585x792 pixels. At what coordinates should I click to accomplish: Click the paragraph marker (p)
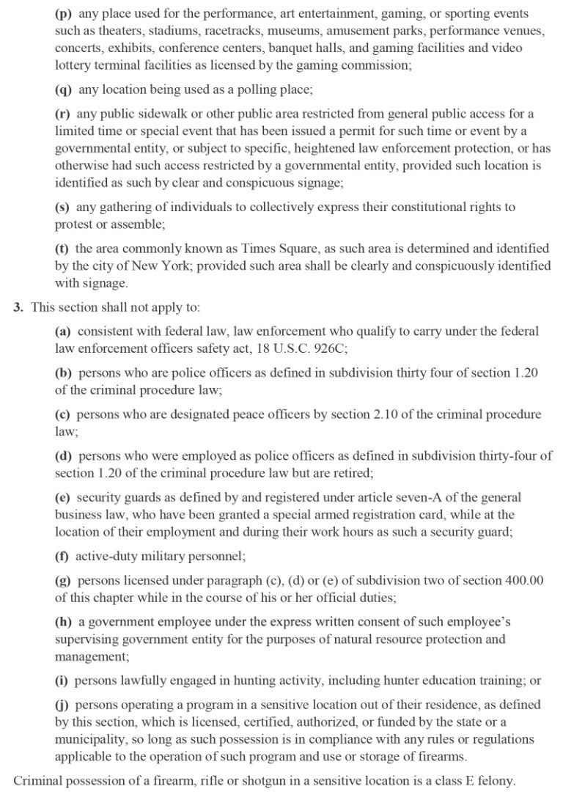pos(64,14)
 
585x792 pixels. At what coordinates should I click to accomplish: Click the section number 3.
pos(18,308)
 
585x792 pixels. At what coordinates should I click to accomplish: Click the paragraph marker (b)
pos(64,373)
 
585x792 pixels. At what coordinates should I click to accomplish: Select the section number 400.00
pos(525,581)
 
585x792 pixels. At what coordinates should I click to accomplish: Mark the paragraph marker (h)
pos(64,623)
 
